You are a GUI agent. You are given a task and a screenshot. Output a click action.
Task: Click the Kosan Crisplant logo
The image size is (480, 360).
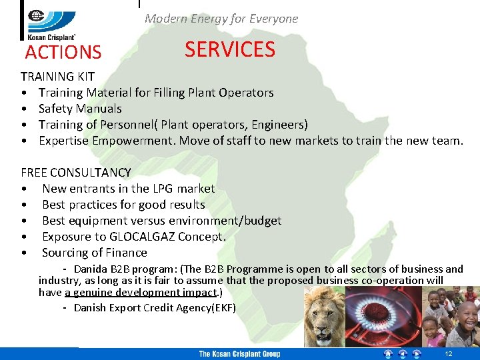[50, 20]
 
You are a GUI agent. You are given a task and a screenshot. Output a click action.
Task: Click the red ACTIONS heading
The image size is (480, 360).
[63, 52]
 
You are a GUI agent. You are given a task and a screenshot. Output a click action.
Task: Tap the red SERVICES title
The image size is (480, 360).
[229, 49]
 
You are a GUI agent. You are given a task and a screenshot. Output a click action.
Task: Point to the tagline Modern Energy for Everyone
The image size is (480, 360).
[221, 19]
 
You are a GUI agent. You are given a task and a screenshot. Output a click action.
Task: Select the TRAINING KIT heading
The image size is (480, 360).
[57, 77]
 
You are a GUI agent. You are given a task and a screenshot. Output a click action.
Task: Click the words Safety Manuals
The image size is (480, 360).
[80, 109]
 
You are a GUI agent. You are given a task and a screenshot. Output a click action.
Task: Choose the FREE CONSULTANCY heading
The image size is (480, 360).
[75, 173]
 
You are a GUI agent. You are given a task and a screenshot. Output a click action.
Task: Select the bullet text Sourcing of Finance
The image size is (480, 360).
[95, 253]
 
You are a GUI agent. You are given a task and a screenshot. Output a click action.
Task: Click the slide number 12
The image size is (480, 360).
[449, 354]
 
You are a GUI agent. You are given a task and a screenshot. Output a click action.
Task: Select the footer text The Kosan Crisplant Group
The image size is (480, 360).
[239, 354]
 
